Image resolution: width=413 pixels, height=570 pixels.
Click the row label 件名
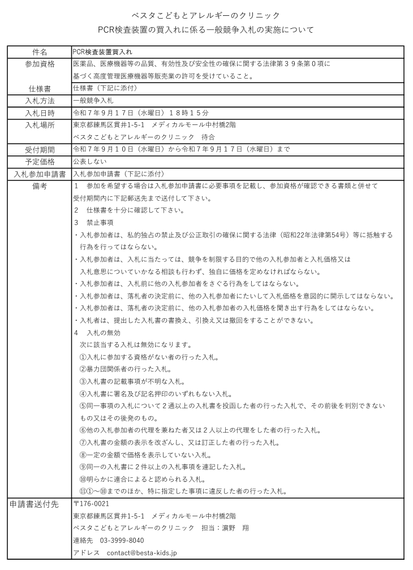pyautogui.click(x=40, y=51)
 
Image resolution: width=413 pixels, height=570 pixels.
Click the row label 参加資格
pyautogui.click(x=40, y=64)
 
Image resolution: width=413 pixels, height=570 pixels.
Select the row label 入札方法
pyautogui.click(x=40, y=101)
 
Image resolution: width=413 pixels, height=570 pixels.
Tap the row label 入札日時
pyautogui.click(x=40, y=113)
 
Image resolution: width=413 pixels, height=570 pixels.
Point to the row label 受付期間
pyautogui.click(x=40, y=149)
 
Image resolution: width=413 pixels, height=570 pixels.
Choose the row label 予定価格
pyautogui.click(x=40, y=162)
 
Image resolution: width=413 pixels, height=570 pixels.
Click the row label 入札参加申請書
pyautogui.click(x=40, y=174)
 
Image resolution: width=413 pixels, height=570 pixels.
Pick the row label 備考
pyautogui.click(x=40, y=186)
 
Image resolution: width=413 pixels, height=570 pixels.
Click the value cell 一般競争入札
pyautogui.click(x=93, y=101)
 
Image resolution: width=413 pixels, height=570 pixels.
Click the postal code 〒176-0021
pyautogui.click(x=92, y=503)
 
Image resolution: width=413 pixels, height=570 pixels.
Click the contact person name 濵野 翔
pyautogui.click(x=234, y=528)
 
